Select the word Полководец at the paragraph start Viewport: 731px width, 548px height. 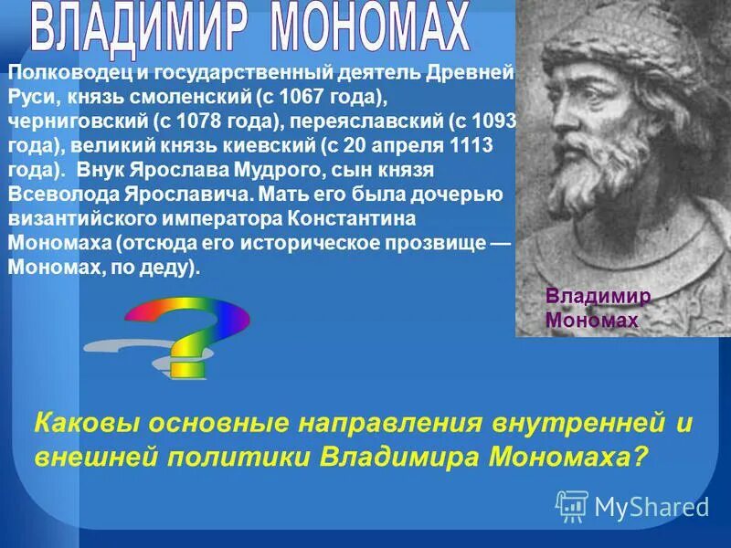click(60, 73)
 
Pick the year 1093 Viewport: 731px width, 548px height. click(498, 121)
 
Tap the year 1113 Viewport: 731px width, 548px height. click(466, 144)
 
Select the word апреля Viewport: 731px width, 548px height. click(403, 144)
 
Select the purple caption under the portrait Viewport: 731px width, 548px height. click(598, 308)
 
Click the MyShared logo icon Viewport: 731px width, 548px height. click(571, 505)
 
